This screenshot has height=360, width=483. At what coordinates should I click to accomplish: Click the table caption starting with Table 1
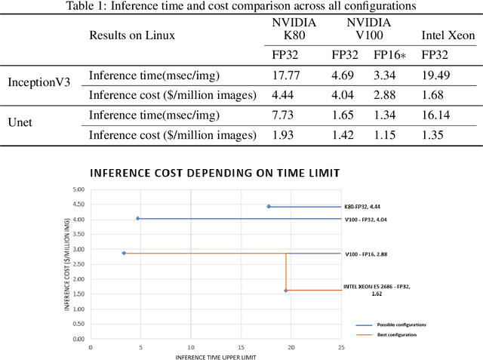[241, 7]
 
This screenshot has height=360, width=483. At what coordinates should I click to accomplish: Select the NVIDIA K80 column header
[294, 29]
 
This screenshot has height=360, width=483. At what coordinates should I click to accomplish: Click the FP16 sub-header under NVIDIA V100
[389, 55]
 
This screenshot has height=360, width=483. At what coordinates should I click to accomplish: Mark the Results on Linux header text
[132, 35]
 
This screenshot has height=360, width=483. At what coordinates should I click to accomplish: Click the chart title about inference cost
[215, 173]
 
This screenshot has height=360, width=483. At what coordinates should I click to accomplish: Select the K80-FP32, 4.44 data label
[368, 206]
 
